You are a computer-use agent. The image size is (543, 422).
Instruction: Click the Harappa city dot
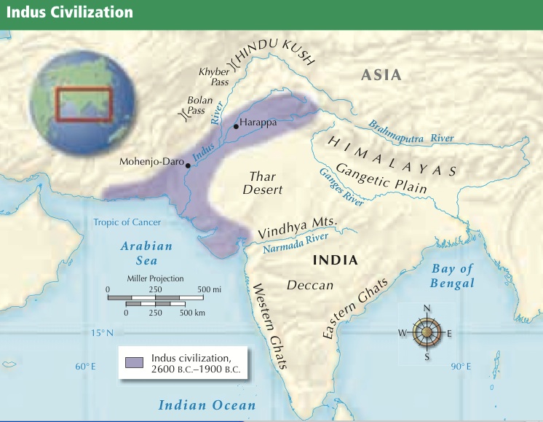tap(236, 127)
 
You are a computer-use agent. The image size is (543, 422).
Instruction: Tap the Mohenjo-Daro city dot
tap(189, 165)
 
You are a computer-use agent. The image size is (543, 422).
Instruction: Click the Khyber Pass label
tap(214, 77)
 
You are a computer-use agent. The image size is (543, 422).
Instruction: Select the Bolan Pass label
tap(197, 105)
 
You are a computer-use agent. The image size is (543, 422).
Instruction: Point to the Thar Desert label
tap(265, 182)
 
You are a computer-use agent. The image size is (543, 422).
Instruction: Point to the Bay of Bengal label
tap(452, 276)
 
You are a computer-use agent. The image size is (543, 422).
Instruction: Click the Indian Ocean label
tap(207, 405)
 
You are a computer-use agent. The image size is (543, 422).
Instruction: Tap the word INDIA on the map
tap(335, 260)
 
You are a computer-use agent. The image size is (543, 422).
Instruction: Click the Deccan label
tap(310, 285)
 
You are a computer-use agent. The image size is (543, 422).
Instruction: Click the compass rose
tap(427, 333)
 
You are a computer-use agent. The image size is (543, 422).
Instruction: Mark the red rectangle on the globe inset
tap(84, 103)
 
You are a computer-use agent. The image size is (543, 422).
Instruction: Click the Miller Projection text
tap(155, 278)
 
